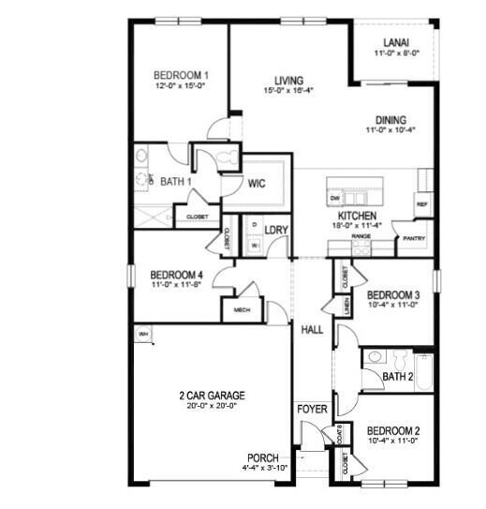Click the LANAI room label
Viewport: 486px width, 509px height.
click(x=394, y=42)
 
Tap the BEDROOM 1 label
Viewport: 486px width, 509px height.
click(x=180, y=75)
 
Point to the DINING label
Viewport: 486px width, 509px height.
click(x=390, y=120)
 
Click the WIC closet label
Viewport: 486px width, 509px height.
click(x=258, y=184)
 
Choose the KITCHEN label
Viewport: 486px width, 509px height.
click(x=358, y=215)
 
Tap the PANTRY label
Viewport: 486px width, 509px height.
click(x=414, y=238)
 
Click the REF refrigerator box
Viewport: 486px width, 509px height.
click(x=421, y=203)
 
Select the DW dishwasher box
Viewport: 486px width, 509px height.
click(x=334, y=199)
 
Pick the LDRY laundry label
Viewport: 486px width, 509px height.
click(x=275, y=230)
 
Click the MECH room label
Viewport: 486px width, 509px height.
click(x=241, y=310)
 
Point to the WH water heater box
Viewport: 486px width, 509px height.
click(x=144, y=334)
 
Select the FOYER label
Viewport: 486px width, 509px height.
click(x=311, y=410)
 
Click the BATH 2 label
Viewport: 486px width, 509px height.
click(x=398, y=376)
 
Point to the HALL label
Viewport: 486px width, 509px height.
click(x=312, y=329)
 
